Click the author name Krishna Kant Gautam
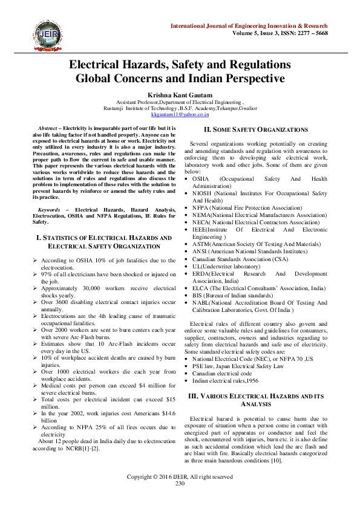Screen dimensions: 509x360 [180, 95]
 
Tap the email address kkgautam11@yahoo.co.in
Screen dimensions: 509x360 [180, 113]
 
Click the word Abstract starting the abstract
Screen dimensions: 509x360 [47, 129]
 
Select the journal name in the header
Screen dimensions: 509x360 [249, 27]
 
